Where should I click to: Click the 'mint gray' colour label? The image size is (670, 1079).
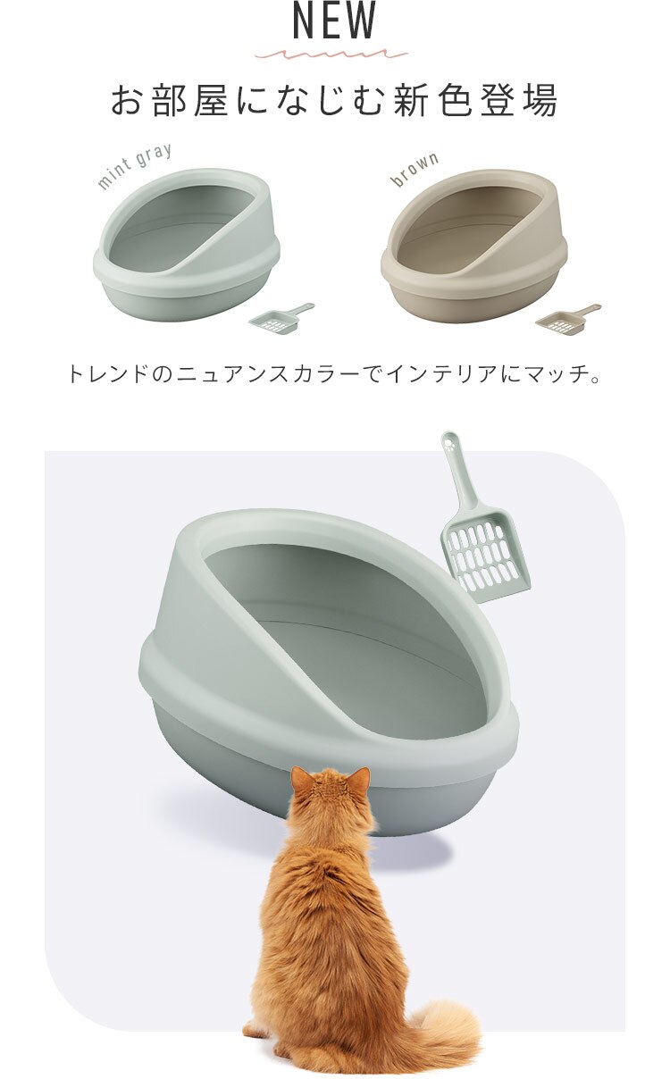pyautogui.click(x=134, y=165)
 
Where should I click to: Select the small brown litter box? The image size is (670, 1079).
pyautogui.click(x=473, y=246)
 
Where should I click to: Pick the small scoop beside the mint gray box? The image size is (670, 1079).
pyautogui.click(x=280, y=319)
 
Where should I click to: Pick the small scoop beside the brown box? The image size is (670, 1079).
pyautogui.click(x=566, y=319)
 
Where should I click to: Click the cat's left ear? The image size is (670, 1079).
pyautogui.click(x=300, y=778)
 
